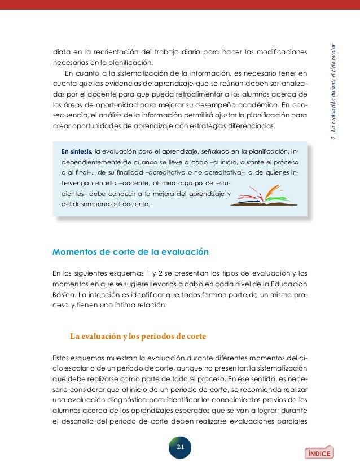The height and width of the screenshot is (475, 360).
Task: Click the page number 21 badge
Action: [x=181, y=447]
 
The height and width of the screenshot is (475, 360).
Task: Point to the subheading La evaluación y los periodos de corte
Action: [x=137, y=337]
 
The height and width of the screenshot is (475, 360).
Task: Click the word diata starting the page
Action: [x=62, y=53]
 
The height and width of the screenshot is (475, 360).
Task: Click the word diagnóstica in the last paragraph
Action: [x=134, y=399]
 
